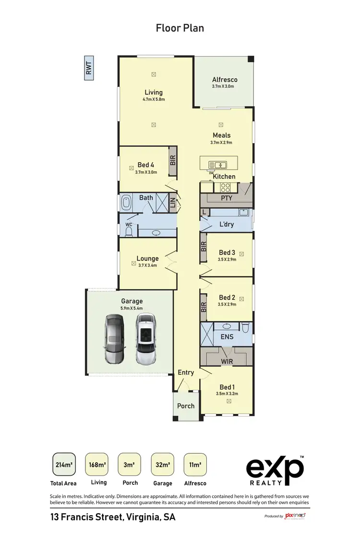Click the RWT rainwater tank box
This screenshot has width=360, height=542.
tap(89, 68)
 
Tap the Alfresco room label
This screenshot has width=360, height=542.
tap(225, 80)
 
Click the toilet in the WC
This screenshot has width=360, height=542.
tap(128, 231)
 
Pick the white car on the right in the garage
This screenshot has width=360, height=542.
tap(146, 339)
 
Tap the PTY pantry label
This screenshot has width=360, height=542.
tap(226, 197)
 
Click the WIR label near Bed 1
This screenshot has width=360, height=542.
tap(227, 360)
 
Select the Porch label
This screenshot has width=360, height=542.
tap(186, 406)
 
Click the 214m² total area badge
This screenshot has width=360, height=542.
tap(64, 464)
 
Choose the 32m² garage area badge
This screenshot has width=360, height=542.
tap(162, 464)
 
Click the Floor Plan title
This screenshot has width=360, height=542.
tap(180, 28)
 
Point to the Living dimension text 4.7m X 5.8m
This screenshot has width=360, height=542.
tap(154, 99)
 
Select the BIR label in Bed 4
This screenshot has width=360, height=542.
tap(173, 160)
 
